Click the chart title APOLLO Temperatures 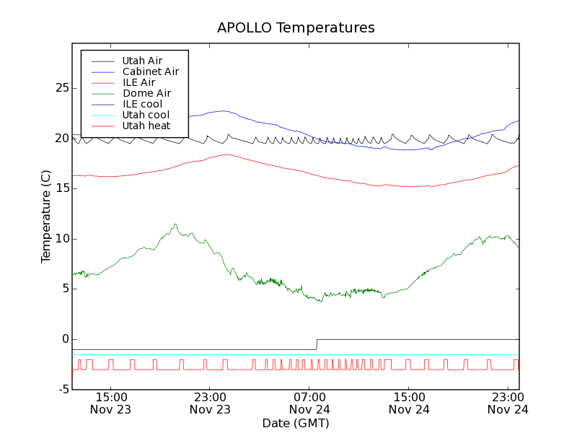pyautogui.click(x=296, y=28)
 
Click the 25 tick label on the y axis pyautogui.click(x=62, y=88)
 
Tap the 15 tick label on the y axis pyautogui.click(x=62, y=188)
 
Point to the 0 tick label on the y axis pyautogui.click(x=65, y=339)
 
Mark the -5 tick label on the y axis pyautogui.click(x=63, y=390)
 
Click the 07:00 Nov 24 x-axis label pyautogui.click(x=309, y=403)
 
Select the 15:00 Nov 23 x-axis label pyautogui.click(x=110, y=403)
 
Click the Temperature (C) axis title pyautogui.click(x=46, y=216)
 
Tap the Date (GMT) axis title pyautogui.click(x=296, y=423)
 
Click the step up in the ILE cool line pyautogui.click(x=317, y=344)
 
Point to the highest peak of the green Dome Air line pyautogui.click(x=175, y=224)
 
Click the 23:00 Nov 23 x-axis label pyautogui.click(x=210, y=403)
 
